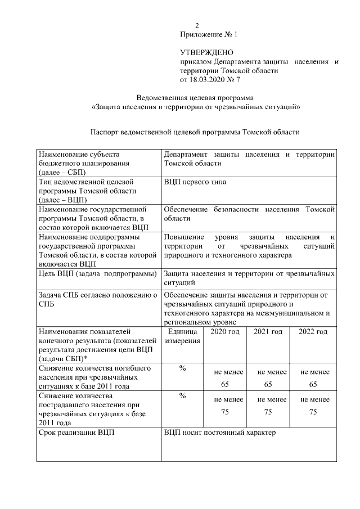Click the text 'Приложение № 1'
(209, 34)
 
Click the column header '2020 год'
(225, 332)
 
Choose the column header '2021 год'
(268, 332)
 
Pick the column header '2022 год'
(313, 332)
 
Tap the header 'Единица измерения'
(182, 336)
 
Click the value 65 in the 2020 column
(225, 384)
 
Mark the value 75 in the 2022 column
(313, 412)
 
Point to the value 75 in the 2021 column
(268, 412)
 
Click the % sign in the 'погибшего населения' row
(182, 368)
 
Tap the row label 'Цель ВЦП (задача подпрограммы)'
(97, 274)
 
